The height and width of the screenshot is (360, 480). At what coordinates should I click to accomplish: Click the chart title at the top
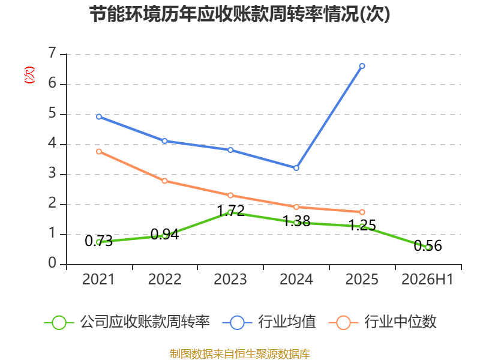[239, 14]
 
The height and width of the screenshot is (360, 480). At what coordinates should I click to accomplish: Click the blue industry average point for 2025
[362, 66]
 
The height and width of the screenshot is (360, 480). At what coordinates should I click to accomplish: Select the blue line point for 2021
[99, 116]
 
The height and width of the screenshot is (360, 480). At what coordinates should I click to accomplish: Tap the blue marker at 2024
[296, 168]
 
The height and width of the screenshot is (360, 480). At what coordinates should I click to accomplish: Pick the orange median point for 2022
[164, 181]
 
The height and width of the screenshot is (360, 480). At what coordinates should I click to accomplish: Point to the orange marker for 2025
[362, 212]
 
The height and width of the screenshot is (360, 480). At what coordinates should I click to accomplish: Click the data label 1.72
[231, 211]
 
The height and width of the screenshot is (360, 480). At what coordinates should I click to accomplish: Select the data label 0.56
[428, 245]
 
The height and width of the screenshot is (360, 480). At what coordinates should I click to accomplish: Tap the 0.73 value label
[98, 241]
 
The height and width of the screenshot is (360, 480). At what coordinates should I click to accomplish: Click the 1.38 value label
[296, 221]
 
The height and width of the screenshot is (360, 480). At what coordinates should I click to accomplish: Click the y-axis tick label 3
[52, 173]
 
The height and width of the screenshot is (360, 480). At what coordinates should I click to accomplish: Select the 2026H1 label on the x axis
[427, 280]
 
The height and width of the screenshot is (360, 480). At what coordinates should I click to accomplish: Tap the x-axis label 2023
[230, 280]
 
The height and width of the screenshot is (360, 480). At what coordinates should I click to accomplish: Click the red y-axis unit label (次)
[29, 75]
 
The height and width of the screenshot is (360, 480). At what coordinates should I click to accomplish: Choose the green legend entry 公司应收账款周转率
[127, 322]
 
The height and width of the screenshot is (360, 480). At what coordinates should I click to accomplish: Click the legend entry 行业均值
[269, 322]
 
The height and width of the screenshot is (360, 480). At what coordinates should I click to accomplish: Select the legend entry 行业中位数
[382, 322]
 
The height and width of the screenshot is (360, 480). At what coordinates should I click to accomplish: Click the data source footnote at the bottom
[239, 354]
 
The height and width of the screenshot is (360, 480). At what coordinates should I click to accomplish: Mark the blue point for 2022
[164, 141]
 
